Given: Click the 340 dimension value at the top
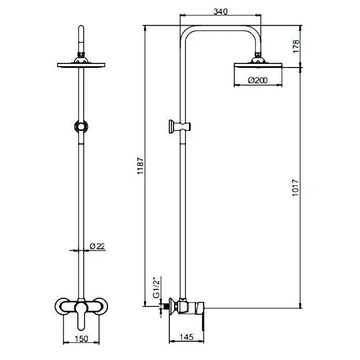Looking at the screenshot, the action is point(220,11).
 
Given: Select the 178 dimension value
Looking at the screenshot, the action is point(296,46).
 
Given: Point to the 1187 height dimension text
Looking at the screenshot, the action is point(140,166).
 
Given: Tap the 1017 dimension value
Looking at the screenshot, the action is point(295,188).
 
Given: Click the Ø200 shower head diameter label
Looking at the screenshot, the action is point(258,80).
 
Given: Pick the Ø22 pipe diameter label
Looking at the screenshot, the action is point(97,246).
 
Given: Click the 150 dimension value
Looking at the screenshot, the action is point(81,339).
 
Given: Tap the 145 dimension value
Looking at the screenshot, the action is point(186,337).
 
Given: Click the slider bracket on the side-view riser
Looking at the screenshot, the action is point(180,126).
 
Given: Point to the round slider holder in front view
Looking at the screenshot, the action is point(81,126).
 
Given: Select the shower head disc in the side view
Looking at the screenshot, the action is point(258,65).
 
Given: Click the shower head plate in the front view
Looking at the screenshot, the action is point(81,65).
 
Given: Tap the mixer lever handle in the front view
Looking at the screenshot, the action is point(81,316).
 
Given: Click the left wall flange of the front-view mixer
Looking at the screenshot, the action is point(62,306).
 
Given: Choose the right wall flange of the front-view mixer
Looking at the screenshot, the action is point(100,306).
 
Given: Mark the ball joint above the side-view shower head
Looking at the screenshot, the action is point(258,55).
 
